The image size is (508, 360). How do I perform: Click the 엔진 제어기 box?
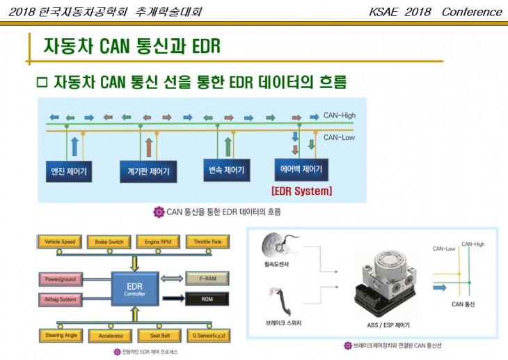coord(72,171)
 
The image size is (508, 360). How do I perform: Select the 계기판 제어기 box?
coord(148,171)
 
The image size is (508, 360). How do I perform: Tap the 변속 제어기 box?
coord(227,170)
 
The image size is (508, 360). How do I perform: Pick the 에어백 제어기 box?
coord(301,169)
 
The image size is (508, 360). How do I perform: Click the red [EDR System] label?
coord(301,191)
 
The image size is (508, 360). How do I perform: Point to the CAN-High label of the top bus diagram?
coord(340,115)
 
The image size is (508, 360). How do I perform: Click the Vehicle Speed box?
coord(60,242)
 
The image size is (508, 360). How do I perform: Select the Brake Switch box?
coord(109,242)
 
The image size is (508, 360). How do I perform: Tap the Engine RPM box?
coord(159,242)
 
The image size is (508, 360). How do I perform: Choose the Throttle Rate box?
coord(207,242)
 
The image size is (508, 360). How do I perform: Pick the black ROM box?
coord(207,299)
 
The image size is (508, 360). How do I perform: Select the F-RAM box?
coord(207,279)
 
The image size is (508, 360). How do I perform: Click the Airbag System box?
coord(61,299)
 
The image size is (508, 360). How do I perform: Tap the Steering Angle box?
coord(60,335)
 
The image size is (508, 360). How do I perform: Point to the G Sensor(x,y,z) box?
coord(207,335)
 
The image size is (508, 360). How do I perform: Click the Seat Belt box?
coord(159,335)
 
